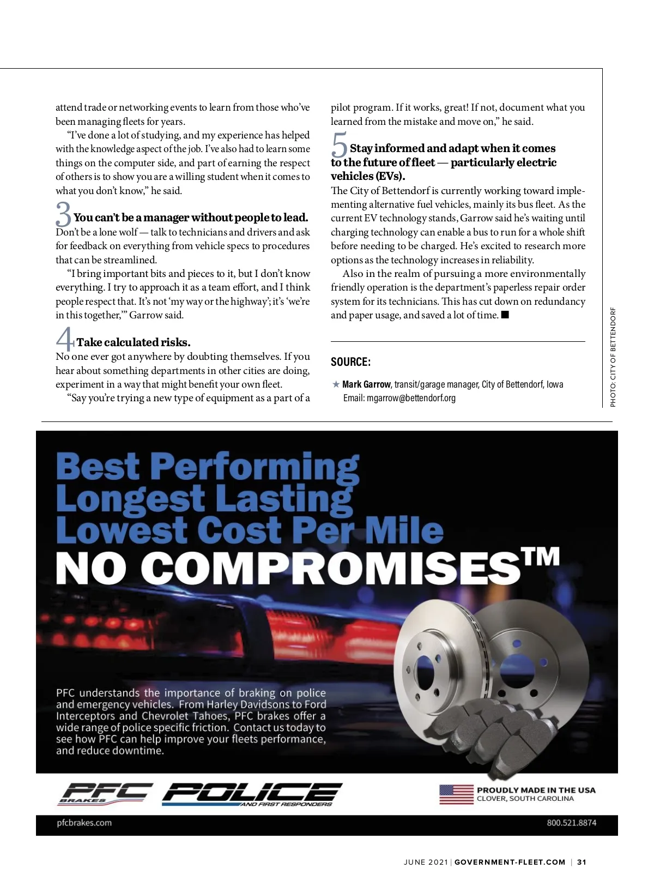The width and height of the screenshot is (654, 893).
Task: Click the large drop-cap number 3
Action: coord(63,214)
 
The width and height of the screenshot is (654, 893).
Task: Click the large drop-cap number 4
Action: coord(65,339)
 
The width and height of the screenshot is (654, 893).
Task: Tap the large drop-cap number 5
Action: coord(339,146)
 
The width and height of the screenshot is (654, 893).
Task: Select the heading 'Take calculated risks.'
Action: coord(133,342)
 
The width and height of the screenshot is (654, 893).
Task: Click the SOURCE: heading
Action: coord(350,362)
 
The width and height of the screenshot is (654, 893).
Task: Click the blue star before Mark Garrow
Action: coord(336,384)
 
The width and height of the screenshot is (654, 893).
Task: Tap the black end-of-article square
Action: coord(505,315)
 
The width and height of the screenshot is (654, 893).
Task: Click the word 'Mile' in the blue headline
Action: coord(404,530)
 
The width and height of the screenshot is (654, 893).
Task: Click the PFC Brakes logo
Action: coord(104,794)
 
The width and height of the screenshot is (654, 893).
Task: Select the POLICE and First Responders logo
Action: coord(252,794)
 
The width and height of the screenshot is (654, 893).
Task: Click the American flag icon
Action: coord(456,794)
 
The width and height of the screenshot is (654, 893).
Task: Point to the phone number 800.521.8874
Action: coord(571,823)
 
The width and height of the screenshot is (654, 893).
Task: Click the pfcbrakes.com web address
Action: coord(84,823)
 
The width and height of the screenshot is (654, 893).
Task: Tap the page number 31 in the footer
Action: coord(582,862)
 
